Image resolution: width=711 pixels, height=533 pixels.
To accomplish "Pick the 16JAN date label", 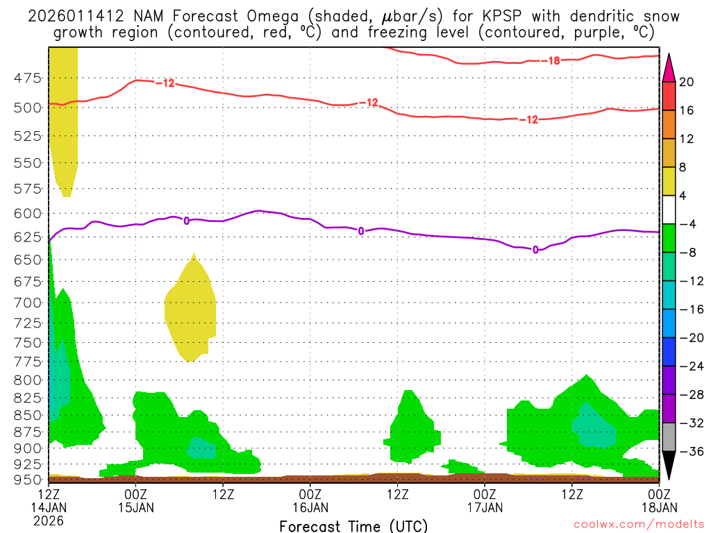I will click(310, 507).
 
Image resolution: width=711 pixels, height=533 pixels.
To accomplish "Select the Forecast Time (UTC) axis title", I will click(353, 525).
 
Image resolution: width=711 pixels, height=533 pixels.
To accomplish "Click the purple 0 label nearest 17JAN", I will click(535, 249).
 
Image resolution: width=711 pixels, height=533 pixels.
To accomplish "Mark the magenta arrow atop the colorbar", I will click(668, 67).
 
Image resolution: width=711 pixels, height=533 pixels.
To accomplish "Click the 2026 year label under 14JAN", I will click(49, 520).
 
